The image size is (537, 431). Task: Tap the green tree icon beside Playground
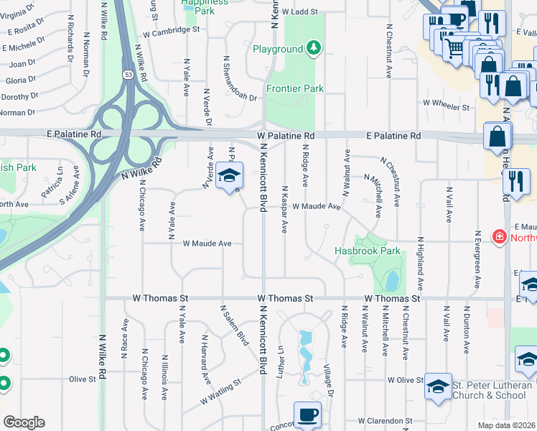pyautogui.click(x=313, y=49)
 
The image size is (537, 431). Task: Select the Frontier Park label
pyautogui.click(x=294, y=88)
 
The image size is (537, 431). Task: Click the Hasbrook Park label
pyautogui.click(x=368, y=251)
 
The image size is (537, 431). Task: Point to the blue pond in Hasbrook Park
pyautogui.click(x=392, y=279)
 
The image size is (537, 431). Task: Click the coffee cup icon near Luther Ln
pyautogui.click(x=308, y=414)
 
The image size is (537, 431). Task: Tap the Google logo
pyautogui.click(x=24, y=422)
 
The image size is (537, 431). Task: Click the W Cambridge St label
pyautogui.click(x=171, y=31)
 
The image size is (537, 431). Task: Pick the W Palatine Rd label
pyautogui.click(x=286, y=136)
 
